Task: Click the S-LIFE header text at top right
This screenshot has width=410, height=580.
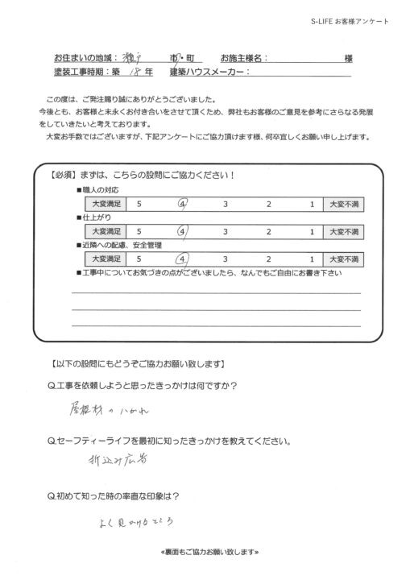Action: point(350,20)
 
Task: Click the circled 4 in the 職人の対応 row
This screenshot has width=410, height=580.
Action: point(184,205)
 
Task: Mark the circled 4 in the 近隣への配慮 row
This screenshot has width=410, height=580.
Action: point(184,259)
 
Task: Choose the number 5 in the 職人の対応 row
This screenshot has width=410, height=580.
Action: point(141,205)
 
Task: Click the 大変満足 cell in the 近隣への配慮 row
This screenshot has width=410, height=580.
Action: point(105,259)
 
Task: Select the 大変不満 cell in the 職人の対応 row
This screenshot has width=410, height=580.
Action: point(345,205)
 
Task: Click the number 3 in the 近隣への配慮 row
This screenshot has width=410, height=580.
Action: point(226,259)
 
